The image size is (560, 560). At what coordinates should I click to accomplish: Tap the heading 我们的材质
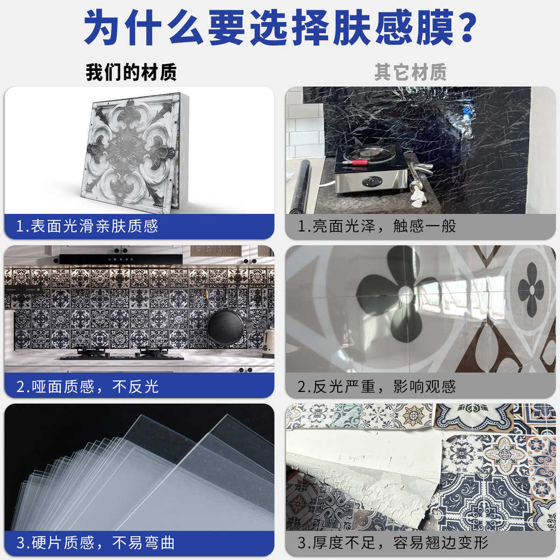[131, 73]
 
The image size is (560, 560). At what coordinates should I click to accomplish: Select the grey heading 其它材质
[410, 73]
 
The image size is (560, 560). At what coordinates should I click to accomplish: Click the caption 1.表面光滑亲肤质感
[87, 226]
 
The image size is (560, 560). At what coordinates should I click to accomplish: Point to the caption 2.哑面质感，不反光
[87, 386]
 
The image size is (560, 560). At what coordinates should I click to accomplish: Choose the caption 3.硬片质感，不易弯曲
[96, 543]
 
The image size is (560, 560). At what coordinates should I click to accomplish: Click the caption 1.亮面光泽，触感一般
[377, 226]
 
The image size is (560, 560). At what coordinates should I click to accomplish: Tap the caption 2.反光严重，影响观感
[377, 386]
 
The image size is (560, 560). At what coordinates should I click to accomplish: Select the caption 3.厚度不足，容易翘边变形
[393, 543]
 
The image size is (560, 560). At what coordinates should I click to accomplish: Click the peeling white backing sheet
[359, 462]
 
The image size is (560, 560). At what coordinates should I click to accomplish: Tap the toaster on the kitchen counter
[267, 344]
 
